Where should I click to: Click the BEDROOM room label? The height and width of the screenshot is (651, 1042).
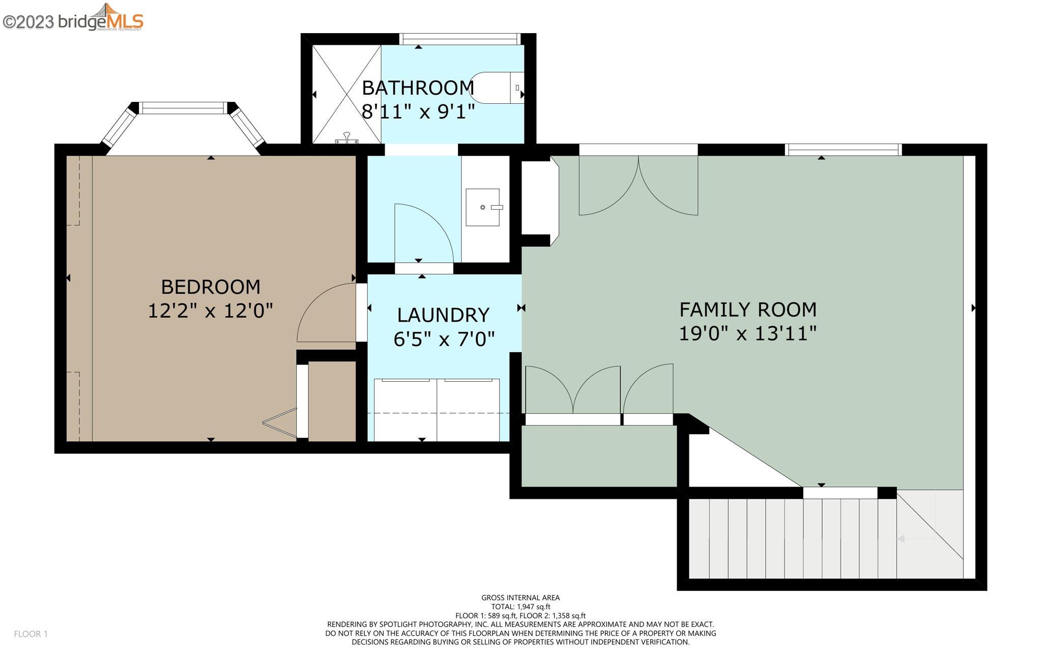[211, 287]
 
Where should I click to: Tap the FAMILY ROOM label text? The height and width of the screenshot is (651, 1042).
[748, 309]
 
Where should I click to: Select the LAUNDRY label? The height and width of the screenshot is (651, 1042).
[443, 315]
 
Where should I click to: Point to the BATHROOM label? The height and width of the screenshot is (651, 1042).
[418, 88]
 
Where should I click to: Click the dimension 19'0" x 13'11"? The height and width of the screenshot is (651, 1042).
[748, 334]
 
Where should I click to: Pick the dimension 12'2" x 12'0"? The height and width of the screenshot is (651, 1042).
[211, 310]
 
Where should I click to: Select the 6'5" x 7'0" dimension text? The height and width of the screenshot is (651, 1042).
[444, 338]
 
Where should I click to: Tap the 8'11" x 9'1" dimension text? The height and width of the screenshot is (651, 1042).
[418, 111]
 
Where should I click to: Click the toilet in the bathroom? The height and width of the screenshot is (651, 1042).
[497, 88]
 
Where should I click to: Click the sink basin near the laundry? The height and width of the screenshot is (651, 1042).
[483, 207]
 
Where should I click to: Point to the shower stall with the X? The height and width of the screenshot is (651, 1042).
[346, 94]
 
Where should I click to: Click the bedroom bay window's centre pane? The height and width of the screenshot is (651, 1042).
[183, 108]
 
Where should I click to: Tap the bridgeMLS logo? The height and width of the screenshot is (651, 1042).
[73, 18]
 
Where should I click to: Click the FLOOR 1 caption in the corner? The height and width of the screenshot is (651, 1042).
[31, 634]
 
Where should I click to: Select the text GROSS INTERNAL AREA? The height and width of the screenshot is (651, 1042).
[520, 598]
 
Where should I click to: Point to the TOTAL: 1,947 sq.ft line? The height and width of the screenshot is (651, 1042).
[520, 607]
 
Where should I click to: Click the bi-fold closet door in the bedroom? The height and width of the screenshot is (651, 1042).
[280, 422]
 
